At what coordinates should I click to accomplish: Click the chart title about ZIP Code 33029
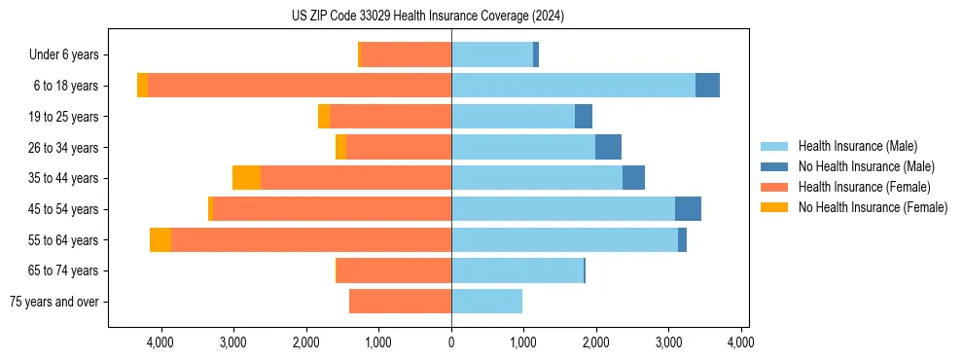click(428, 17)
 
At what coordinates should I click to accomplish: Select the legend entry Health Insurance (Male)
click(857, 146)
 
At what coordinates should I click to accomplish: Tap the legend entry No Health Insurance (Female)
click(873, 207)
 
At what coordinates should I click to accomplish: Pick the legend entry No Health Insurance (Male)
click(866, 166)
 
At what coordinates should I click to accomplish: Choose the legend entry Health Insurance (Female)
click(864, 187)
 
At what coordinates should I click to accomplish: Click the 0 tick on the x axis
click(451, 342)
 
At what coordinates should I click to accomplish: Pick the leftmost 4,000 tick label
click(160, 342)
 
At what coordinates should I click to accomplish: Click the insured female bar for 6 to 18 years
click(300, 86)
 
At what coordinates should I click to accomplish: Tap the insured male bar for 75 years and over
click(486, 302)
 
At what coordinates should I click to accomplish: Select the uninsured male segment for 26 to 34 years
click(608, 147)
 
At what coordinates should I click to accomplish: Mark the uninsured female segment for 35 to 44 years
click(246, 178)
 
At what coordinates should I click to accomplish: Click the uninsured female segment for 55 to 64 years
click(160, 239)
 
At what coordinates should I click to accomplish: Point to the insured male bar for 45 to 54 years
click(563, 209)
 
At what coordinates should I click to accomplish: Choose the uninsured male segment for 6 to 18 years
click(707, 86)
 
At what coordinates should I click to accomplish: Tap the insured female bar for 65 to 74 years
click(394, 270)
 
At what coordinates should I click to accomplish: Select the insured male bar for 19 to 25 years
click(513, 117)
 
